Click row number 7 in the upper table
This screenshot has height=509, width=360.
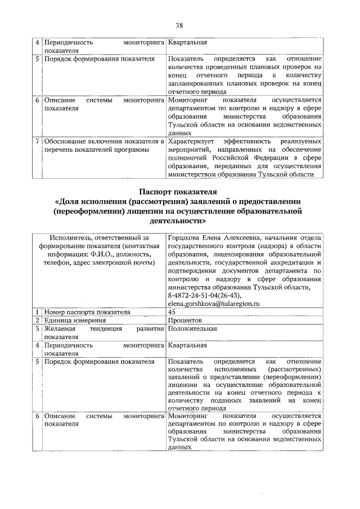37,141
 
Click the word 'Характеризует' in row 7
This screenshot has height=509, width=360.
191,141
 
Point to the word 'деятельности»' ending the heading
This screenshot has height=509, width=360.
179,221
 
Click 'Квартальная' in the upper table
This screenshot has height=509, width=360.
188,42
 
